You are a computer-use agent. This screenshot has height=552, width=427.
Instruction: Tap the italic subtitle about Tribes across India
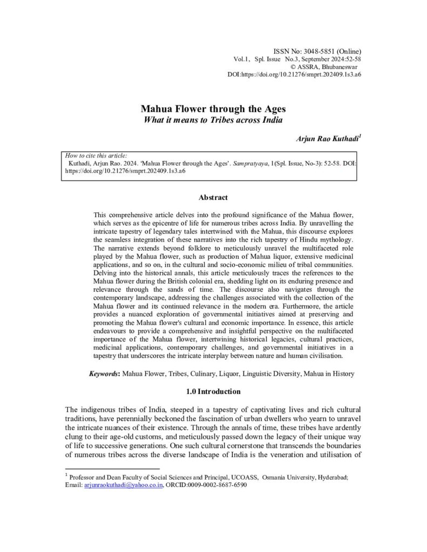point(213,119)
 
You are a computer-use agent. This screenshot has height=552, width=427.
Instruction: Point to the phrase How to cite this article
point(90,155)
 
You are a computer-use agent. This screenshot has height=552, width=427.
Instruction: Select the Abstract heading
point(213,198)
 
